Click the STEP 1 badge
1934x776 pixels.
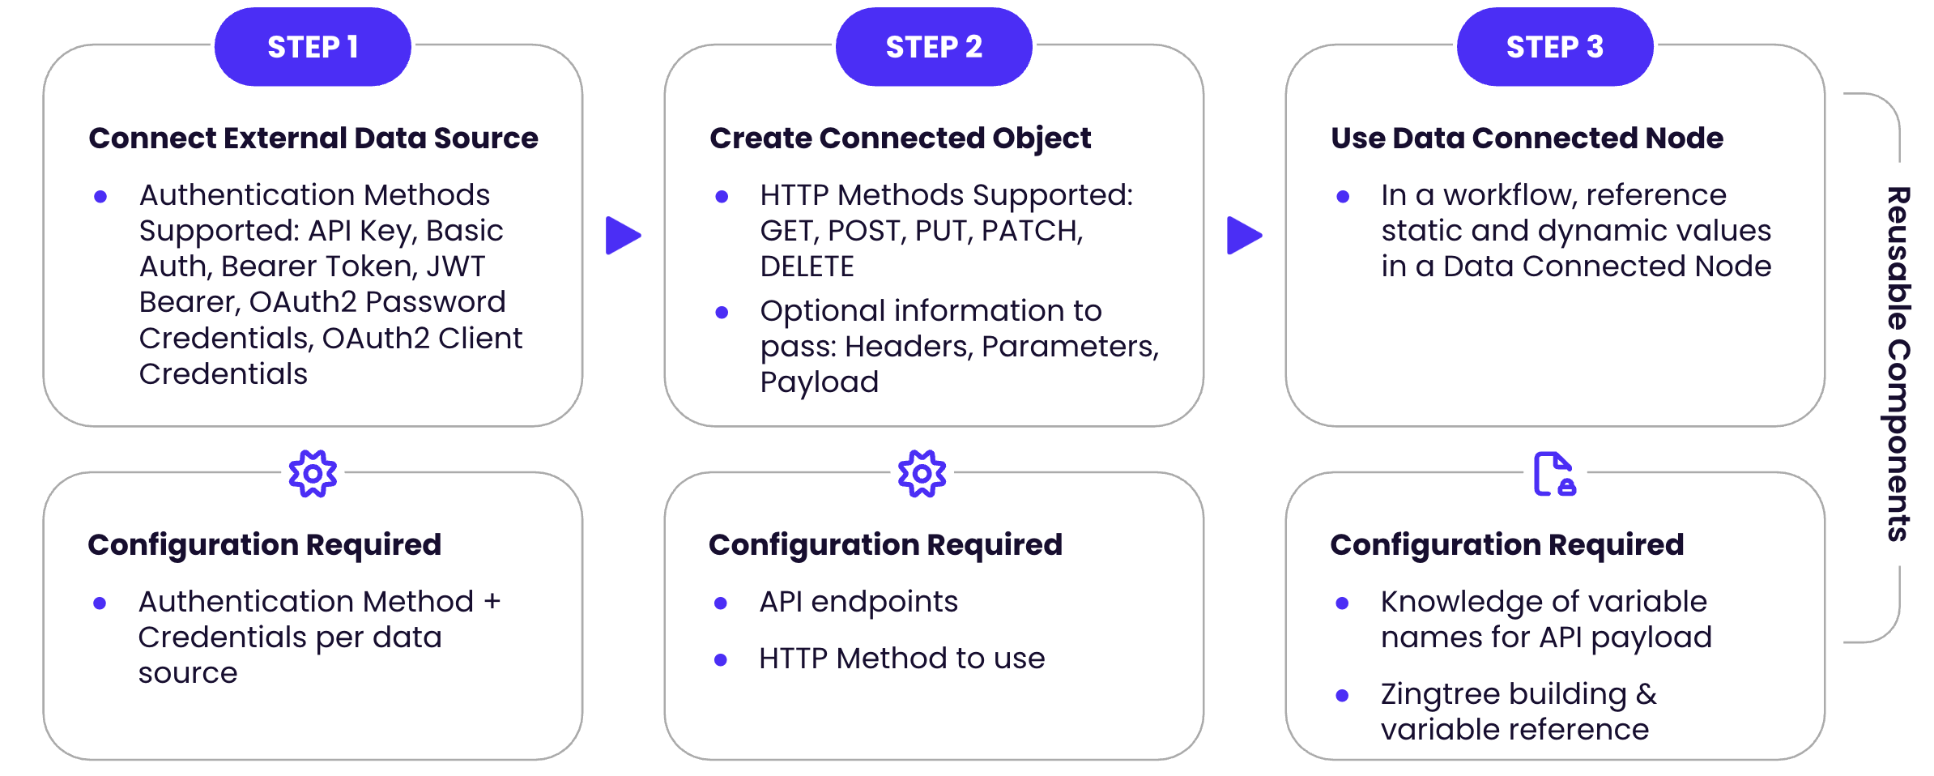coord(313,47)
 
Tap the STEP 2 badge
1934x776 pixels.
coord(934,47)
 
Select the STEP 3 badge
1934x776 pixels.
coord(1555,47)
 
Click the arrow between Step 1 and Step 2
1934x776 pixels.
coord(622,235)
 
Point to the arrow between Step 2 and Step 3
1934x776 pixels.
coord(1243,235)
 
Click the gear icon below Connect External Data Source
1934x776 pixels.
coord(313,473)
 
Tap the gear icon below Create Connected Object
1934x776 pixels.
coord(922,473)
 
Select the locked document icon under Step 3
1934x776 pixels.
coord(1554,474)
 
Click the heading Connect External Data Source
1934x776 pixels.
coord(313,138)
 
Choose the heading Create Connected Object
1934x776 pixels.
coord(900,138)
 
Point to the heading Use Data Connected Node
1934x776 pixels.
coord(1527,138)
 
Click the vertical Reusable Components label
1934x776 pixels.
coord(1898,364)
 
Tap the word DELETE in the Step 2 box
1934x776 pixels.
coord(807,266)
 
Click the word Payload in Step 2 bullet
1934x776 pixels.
coord(819,382)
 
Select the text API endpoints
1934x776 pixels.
coord(858,602)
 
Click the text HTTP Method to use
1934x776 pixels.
coord(901,659)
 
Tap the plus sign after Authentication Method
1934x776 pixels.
coord(492,602)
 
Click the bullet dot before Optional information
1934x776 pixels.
coord(722,313)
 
